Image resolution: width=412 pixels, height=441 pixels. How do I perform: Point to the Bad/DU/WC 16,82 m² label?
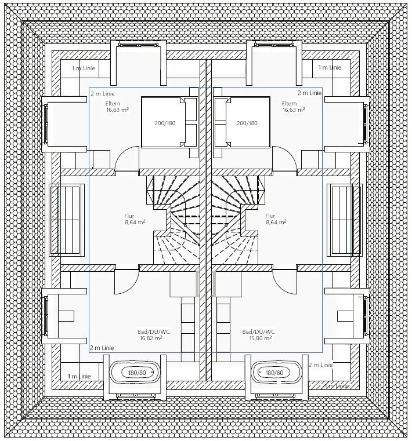point(153,335)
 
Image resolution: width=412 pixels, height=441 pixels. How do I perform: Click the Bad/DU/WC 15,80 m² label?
point(258,335)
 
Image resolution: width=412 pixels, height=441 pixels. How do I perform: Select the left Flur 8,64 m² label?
point(135,219)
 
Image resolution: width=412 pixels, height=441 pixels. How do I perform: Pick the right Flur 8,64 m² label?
point(276,219)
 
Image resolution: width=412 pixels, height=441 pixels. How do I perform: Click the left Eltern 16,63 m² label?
point(117,107)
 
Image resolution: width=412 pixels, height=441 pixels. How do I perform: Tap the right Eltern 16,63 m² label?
point(294,107)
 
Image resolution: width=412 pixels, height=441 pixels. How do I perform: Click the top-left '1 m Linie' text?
point(84,68)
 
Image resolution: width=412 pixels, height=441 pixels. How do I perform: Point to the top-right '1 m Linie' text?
point(330,67)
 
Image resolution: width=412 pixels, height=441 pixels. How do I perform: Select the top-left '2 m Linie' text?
point(103,94)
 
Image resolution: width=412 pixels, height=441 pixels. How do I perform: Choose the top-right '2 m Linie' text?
point(309,93)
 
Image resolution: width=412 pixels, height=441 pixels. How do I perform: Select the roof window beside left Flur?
point(67,220)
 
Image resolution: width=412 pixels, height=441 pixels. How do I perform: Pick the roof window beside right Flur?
point(345,220)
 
